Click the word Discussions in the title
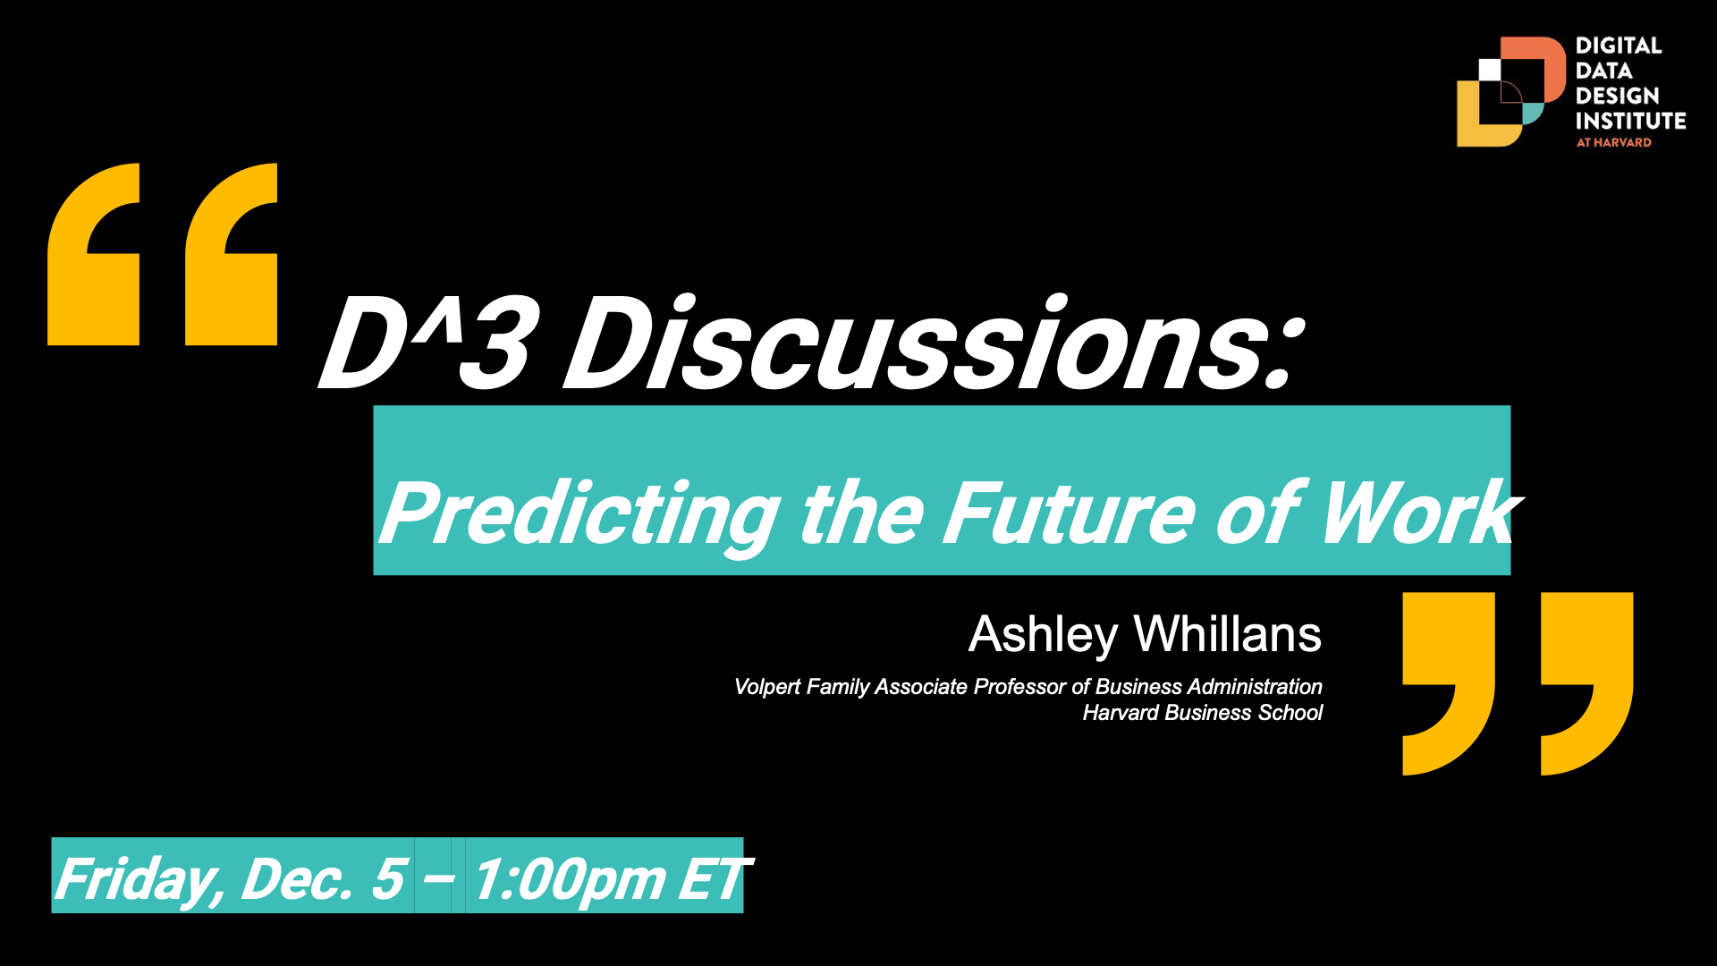tap(930, 344)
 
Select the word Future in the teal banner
tap(1069, 514)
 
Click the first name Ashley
tap(1043, 635)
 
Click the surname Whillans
tap(1227, 635)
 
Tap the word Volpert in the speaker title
tap(767, 687)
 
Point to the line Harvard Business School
tap(1202, 713)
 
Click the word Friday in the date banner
tap(139, 878)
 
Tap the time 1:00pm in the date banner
tap(569, 878)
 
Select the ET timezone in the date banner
tap(714, 878)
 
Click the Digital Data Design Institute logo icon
tap(1510, 92)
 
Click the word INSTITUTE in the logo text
tap(1630, 121)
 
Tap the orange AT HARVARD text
tap(1613, 142)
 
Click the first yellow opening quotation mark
tap(94, 254)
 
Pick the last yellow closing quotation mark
tap(1586, 683)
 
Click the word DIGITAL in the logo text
tap(1618, 46)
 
